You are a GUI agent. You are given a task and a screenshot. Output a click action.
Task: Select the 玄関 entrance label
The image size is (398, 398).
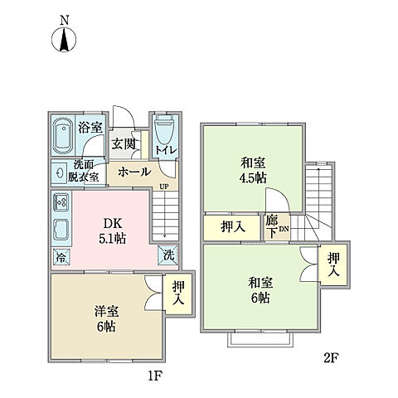pos(125,143)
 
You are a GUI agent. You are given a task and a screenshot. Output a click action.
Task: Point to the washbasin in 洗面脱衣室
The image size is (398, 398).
pos(61,171)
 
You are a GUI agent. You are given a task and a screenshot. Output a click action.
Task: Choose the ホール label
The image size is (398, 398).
pos(133,172)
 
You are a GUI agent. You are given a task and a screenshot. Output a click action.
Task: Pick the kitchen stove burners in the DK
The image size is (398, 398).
pos(61,202)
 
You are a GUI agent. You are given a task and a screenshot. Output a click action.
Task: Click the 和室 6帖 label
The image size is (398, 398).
pos(260,289)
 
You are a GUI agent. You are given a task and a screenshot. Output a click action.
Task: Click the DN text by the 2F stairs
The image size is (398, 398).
pos(284,230)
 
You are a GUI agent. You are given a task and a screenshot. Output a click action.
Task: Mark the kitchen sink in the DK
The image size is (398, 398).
pos(61,229)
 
